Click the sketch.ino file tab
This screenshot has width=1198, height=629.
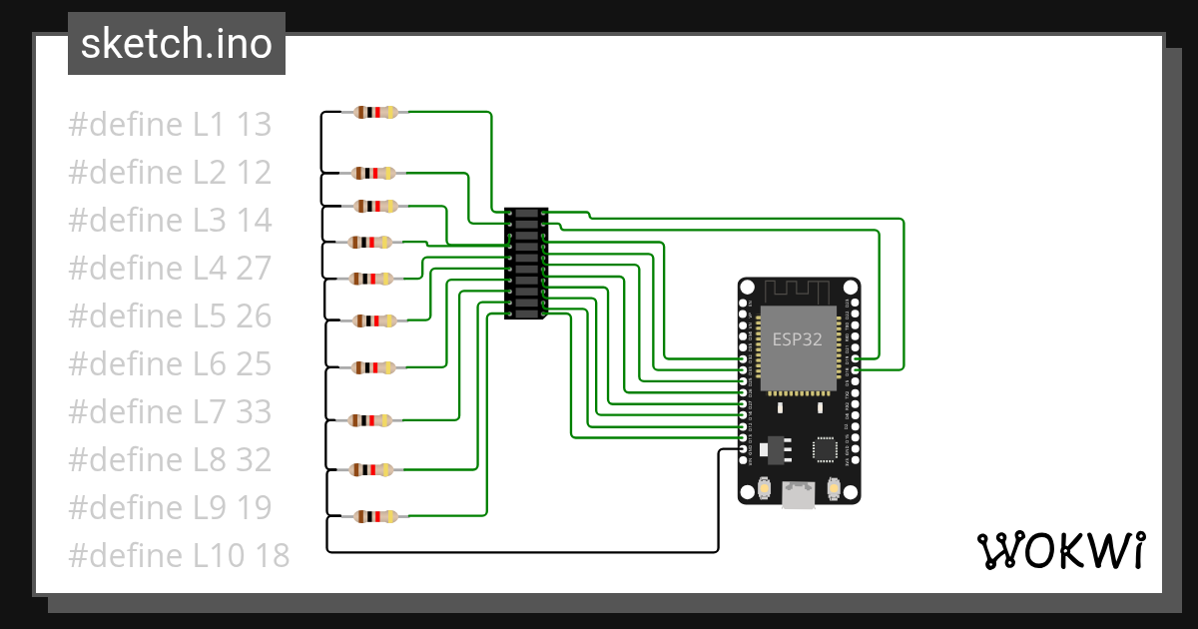coord(176,44)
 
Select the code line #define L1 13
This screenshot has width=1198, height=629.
coord(170,125)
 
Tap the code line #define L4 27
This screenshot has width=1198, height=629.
coord(170,269)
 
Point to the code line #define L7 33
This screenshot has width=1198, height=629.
coord(170,411)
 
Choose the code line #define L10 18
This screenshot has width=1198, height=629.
coord(179,555)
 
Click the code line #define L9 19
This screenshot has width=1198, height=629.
coord(170,507)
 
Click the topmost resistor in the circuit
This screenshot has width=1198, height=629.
coord(374,113)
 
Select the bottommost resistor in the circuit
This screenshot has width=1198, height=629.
coord(374,516)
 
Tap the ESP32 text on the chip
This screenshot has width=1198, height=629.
coord(797,338)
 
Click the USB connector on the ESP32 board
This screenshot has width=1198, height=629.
coord(798,492)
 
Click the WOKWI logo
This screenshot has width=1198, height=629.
coord(1059,550)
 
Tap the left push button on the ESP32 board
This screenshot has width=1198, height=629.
coord(764,488)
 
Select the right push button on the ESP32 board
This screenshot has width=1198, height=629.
coord(833,488)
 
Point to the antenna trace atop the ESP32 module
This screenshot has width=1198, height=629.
coord(797,291)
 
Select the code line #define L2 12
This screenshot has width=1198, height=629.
coord(170,173)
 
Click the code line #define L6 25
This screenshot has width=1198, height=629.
coord(170,363)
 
